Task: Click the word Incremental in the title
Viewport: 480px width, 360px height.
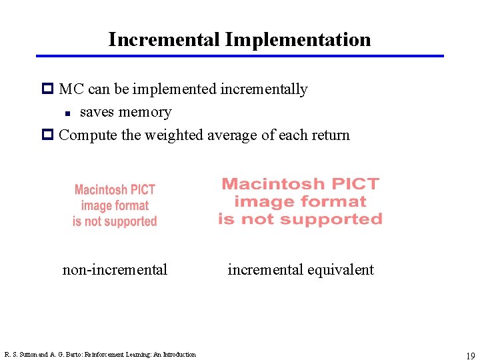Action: (164, 39)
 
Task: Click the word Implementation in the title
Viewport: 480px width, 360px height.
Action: (298, 39)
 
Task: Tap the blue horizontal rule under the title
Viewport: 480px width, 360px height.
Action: (240, 56)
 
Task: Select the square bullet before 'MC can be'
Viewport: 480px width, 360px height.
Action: (47, 89)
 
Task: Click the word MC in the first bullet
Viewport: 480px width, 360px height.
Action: (70, 89)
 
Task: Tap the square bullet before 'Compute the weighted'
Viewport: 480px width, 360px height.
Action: (47, 135)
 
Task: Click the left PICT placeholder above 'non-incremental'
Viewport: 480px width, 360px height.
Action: (115, 206)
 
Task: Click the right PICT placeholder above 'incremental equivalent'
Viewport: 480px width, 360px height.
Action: (300, 201)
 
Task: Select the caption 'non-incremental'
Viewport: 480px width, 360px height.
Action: (115, 269)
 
